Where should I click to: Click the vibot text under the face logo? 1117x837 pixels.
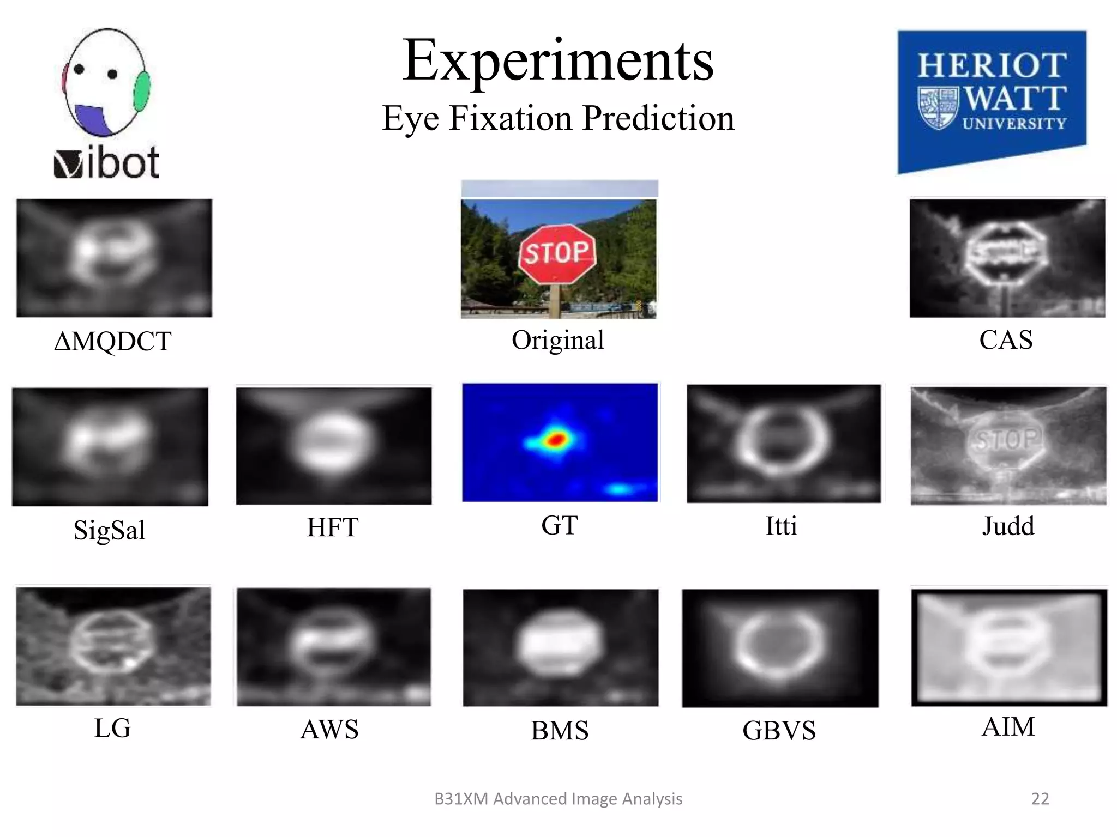pyautogui.click(x=107, y=163)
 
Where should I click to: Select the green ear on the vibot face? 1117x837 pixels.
pyautogui.click(x=142, y=90)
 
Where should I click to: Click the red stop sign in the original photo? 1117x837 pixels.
pyautogui.click(x=556, y=253)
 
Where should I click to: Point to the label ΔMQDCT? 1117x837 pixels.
pyautogui.click(x=113, y=342)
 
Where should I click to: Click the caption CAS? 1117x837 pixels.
pyautogui.click(x=1005, y=340)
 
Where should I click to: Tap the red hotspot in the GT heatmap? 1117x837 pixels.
pyautogui.click(x=555, y=439)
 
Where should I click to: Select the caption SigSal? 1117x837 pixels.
pyautogui.click(x=109, y=530)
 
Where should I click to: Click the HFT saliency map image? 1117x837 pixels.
pyautogui.click(x=333, y=445)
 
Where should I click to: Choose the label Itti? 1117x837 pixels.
pyautogui.click(x=781, y=526)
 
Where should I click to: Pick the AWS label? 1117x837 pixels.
pyautogui.click(x=329, y=730)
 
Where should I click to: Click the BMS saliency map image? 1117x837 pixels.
pyautogui.click(x=560, y=647)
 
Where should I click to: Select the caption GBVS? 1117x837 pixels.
pyautogui.click(x=779, y=731)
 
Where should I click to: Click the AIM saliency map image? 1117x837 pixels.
pyautogui.click(x=1008, y=647)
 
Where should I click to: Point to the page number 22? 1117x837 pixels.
pyautogui.click(x=1040, y=799)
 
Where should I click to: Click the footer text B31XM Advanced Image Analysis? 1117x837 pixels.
pyautogui.click(x=558, y=799)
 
